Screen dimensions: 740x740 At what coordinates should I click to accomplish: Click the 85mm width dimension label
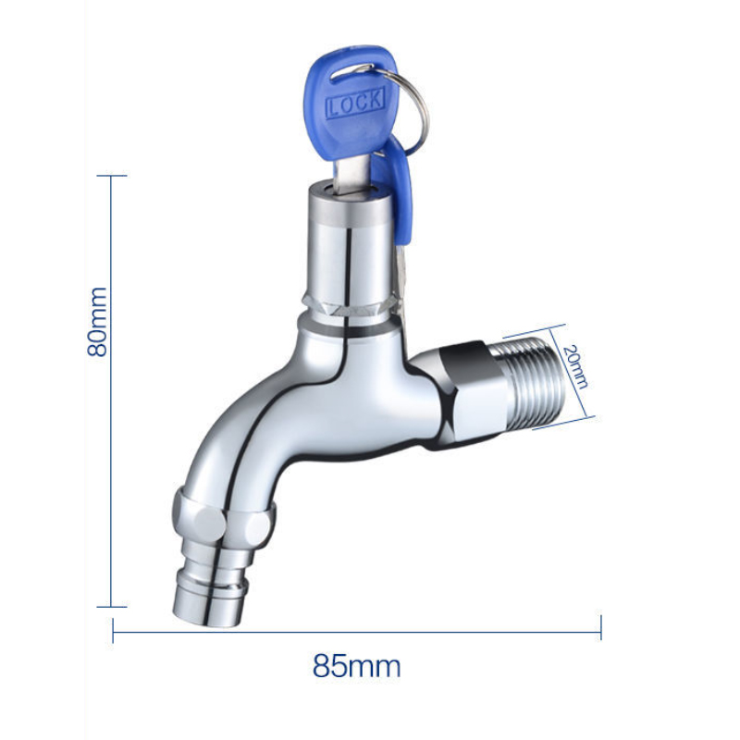(x=356, y=665)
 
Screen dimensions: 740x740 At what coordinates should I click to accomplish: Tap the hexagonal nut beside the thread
(x=467, y=388)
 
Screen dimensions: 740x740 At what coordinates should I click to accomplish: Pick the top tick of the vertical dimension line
(x=112, y=175)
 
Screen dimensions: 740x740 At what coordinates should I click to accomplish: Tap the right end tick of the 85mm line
(x=600, y=628)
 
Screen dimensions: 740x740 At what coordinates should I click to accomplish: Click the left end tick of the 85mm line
(x=113, y=628)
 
